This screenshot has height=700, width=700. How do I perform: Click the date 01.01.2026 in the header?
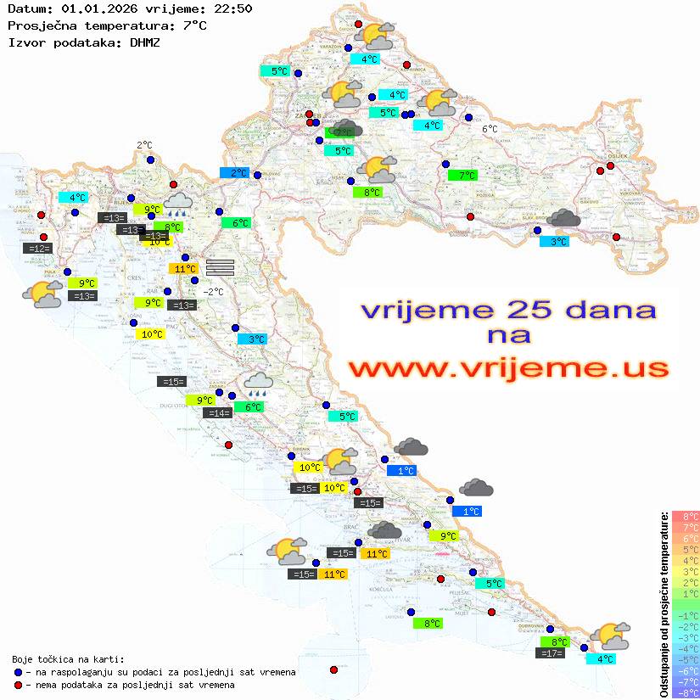(97, 9)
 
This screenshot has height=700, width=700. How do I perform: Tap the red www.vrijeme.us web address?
(507, 368)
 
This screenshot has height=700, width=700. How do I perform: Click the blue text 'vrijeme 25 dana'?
(507, 310)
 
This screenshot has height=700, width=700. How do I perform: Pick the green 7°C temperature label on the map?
(463, 176)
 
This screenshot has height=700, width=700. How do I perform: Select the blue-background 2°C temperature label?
(234, 173)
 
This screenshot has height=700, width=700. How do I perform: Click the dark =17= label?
(551, 653)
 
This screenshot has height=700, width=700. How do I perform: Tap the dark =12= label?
(38, 249)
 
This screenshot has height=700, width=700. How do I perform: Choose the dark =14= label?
(218, 413)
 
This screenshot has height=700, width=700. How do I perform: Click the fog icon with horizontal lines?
(220, 266)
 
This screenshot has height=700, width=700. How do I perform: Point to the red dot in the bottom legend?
(19, 685)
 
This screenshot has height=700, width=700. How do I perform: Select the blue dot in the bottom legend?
(19, 672)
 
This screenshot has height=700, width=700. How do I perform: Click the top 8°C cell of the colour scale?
(685, 517)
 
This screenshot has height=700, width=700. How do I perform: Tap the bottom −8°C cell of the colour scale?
(685, 692)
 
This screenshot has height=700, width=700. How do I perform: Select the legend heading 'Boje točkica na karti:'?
(68, 659)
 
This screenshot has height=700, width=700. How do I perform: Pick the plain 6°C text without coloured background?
(490, 129)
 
